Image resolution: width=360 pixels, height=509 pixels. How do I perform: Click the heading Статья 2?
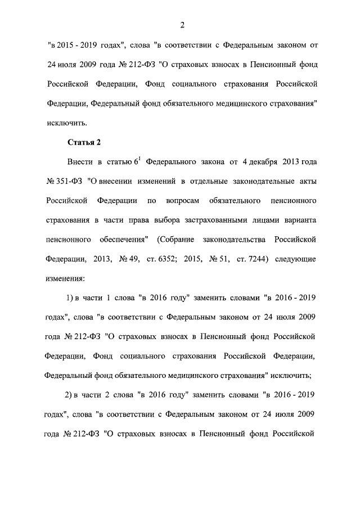(x=84, y=142)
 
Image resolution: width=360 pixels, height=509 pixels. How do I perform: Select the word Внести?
(x=79, y=163)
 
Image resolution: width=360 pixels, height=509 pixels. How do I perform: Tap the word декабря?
(x=265, y=163)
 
